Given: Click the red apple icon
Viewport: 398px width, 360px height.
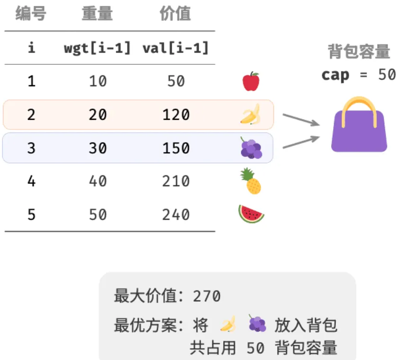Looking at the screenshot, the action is point(251,81).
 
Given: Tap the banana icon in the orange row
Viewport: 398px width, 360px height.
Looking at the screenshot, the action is point(251,114).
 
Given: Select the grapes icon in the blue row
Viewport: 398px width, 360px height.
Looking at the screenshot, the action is point(251,148).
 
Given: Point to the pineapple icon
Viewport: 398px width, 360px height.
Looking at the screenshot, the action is point(251,181).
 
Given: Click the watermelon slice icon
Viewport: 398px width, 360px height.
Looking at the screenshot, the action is point(251,214).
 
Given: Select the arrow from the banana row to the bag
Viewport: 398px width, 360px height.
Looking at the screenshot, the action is point(301,120).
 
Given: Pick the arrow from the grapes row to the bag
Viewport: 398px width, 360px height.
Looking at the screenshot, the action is point(301,142).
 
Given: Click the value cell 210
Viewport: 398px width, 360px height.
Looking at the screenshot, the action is point(176,181).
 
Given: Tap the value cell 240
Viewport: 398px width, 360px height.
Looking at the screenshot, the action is point(176,215).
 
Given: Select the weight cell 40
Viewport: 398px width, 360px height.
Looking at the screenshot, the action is point(98,181).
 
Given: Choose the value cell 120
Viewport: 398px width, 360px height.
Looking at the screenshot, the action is point(176,115).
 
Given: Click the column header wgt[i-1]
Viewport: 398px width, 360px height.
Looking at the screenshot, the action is point(98,48).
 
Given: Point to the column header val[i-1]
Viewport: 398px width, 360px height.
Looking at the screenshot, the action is point(176,48).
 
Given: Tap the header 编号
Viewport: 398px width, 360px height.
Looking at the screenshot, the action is point(31,13).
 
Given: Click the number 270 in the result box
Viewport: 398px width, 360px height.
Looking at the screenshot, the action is point(207,296).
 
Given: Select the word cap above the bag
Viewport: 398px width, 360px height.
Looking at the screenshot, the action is point(335,75).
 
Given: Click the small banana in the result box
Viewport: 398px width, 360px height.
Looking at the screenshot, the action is point(228,324).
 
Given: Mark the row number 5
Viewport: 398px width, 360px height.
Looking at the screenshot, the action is point(31,215).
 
